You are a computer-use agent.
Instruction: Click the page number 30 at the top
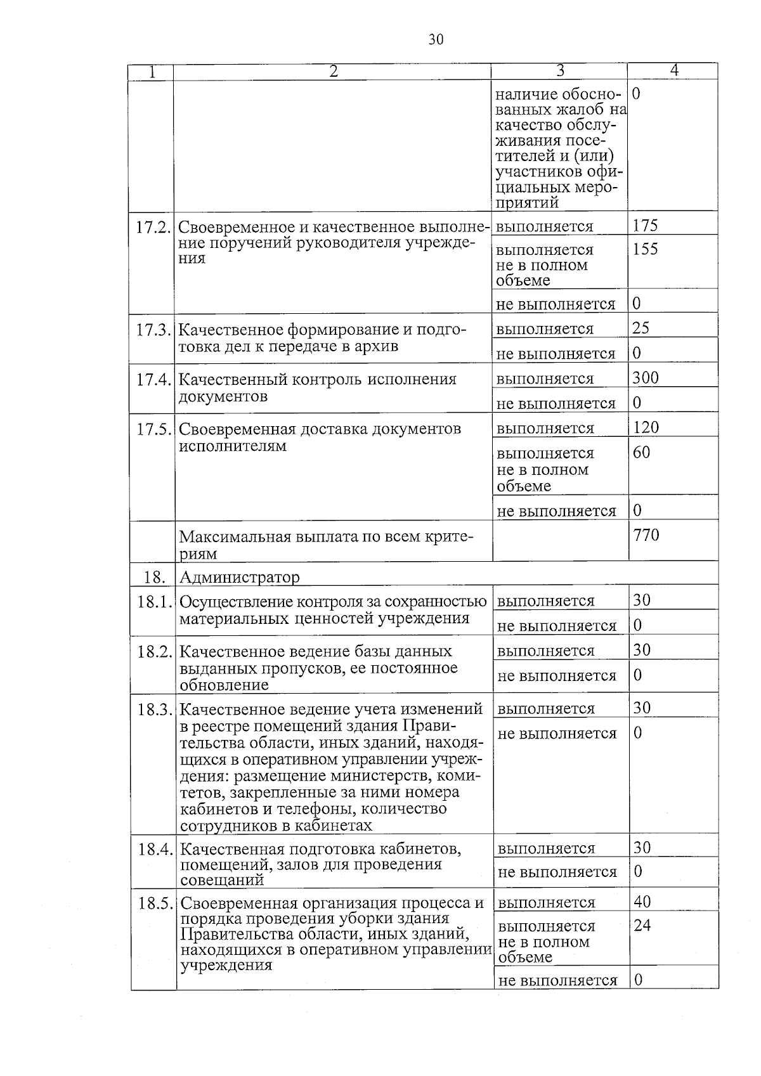coord(435,40)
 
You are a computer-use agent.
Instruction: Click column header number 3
coord(559,71)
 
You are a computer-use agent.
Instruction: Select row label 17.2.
coord(153,228)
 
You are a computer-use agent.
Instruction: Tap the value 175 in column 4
coord(645,226)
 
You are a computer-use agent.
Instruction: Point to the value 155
coord(645,249)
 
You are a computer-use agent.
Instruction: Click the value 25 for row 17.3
coord(641,328)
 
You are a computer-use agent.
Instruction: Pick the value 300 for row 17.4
coord(646,378)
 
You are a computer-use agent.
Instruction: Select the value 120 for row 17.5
coord(646,427)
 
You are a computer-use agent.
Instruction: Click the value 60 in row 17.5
coord(641,453)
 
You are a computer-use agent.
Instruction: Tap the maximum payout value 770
coord(646,535)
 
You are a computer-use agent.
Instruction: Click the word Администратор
coord(239,577)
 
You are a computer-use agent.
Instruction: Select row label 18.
coord(154,577)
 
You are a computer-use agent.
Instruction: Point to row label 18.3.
coord(154,710)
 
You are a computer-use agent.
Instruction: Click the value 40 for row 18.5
coord(642,902)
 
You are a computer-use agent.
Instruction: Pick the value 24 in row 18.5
coord(642,926)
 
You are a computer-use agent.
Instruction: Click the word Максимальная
coord(235,537)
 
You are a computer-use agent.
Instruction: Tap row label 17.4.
coord(153,380)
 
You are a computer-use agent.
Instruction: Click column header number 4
coord(673,71)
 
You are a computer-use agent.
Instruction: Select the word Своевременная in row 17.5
coord(238,429)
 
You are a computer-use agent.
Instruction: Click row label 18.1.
coord(154,602)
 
